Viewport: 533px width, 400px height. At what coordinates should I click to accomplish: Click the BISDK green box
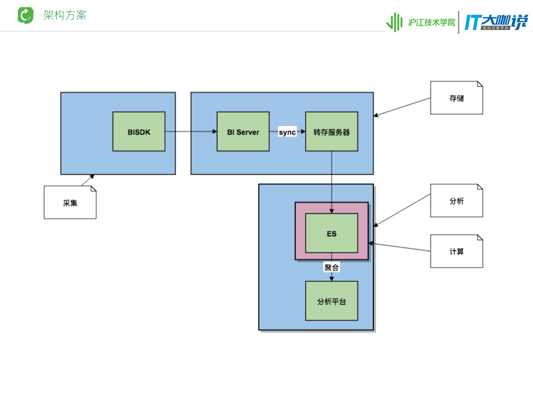click(139, 132)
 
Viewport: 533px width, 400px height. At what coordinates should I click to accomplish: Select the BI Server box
click(243, 132)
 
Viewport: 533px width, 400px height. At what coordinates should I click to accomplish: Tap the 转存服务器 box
click(332, 132)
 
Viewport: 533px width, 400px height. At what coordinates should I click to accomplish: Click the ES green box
click(332, 233)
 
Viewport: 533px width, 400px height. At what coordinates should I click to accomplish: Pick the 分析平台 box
click(332, 301)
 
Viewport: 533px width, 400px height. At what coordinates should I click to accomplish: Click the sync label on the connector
click(287, 132)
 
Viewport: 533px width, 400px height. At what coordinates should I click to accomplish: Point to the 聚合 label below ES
click(332, 267)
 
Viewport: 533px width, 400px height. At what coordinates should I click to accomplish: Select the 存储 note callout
click(456, 98)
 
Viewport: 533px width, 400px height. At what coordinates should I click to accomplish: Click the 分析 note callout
click(456, 201)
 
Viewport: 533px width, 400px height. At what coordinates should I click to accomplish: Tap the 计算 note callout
click(456, 251)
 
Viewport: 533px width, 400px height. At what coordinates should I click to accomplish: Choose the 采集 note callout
click(70, 203)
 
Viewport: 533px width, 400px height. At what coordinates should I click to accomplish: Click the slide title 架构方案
click(65, 15)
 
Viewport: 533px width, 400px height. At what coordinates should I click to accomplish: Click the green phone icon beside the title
click(26, 15)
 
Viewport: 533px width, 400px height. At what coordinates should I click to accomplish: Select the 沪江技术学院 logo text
click(431, 22)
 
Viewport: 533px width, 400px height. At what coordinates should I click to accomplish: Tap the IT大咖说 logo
click(496, 22)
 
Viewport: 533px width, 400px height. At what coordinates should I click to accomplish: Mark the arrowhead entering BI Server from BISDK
click(214, 132)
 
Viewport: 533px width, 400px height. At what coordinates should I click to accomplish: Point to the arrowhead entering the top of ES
click(332, 211)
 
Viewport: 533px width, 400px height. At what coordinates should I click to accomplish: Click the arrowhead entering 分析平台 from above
click(332, 279)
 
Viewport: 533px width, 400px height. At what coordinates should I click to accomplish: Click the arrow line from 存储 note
click(402, 107)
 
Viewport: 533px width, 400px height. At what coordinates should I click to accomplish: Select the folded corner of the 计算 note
click(480, 237)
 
